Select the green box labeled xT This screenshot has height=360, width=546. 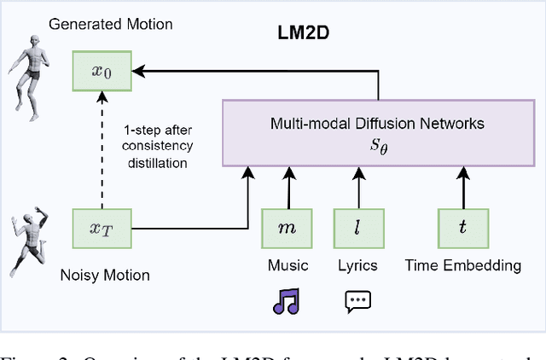(102, 228)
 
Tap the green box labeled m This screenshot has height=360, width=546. (288, 228)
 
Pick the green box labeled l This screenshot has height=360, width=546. (357, 228)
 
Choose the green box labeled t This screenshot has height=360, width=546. (463, 228)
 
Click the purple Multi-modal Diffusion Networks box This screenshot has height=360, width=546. (377, 133)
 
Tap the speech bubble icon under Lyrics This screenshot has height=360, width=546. (357, 301)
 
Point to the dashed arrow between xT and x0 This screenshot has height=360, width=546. (102, 150)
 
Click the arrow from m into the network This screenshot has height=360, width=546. (288, 187)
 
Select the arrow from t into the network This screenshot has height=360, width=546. (463, 187)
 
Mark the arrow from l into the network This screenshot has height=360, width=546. (357, 187)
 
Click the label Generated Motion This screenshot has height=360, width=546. (111, 24)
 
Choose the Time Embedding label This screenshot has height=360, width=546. (463, 265)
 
